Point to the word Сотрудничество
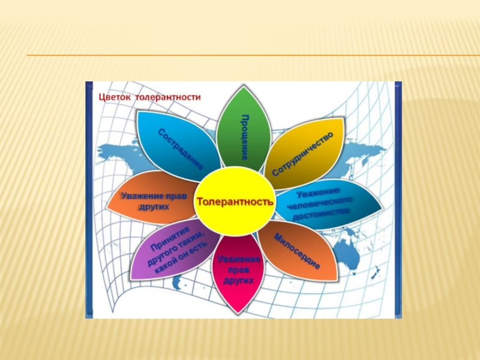[302, 154]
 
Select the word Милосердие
[296, 251]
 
